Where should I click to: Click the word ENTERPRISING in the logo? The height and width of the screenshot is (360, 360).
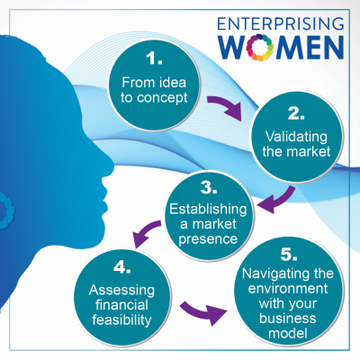tap(281, 24)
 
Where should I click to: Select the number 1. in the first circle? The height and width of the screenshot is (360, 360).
tap(154, 58)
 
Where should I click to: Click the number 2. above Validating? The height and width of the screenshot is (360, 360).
tap(296, 113)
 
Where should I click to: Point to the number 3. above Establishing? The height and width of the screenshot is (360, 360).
tap(209, 187)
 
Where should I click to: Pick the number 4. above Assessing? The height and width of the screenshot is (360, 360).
tap(122, 267)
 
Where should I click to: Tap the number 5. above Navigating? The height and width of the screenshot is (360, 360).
tap(289, 254)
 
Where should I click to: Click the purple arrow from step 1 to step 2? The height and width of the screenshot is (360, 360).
tap(226, 107)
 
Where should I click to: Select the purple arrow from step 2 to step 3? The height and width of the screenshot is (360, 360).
tap(281, 202)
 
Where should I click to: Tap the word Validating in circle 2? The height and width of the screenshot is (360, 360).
tap(296, 137)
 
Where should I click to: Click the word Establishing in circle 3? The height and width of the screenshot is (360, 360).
tap(208, 209)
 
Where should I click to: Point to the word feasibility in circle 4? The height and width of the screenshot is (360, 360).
tap(121, 320)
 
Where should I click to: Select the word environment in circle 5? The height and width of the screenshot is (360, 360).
tap(288, 288)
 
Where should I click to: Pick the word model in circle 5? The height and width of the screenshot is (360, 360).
tap(288, 333)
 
